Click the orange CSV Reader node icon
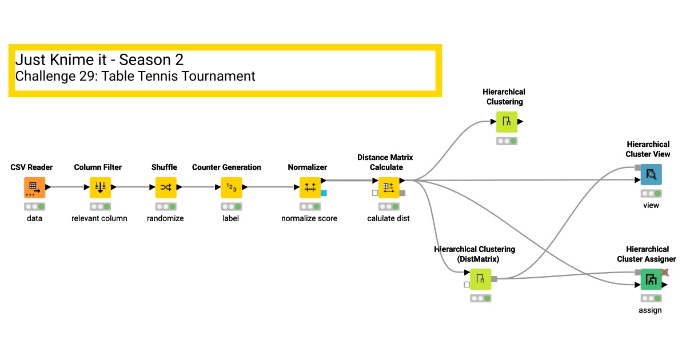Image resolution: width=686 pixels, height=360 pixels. pyautogui.click(x=34, y=187)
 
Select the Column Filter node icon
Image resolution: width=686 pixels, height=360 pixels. pyautogui.click(x=100, y=187)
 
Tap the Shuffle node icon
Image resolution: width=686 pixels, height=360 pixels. pyautogui.click(x=166, y=187)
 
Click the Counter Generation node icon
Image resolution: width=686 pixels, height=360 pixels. pyautogui.click(x=232, y=187)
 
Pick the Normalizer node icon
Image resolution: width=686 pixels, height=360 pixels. pyautogui.click(x=310, y=187)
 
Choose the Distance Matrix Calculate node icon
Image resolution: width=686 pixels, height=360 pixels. pyautogui.click(x=389, y=187)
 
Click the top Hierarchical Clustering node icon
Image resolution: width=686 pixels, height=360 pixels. pyautogui.click(x=506, y=122)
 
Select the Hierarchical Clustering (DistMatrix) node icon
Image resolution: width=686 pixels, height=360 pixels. pyautogui.click(x=480, y=279)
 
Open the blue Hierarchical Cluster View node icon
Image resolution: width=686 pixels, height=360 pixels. pyautogui.click(x=651, y=174)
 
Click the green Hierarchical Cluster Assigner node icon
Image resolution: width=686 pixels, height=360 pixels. pyautogui.click(x=651, y=279)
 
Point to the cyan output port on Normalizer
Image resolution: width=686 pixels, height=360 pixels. pyautogui.click(x=324, y=193)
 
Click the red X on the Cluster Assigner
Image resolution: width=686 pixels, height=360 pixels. pyautogui.click(x=664, y=272)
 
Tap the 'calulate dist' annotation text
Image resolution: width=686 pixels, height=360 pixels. pyautogui.click(x=389, y=218)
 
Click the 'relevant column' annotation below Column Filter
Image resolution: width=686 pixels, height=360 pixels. pyautogui.click(x=99, y=218)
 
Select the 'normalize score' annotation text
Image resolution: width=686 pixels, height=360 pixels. pyautogui.click(x=309, y=218)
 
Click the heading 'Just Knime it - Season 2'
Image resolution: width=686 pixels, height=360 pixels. pyautogui.click(x=99, y=60)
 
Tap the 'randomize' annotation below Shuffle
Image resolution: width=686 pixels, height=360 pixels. pyautogui.click(x=165, y=218)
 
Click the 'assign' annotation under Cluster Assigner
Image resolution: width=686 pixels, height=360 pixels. pyautogui.click(x=651, y=310)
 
